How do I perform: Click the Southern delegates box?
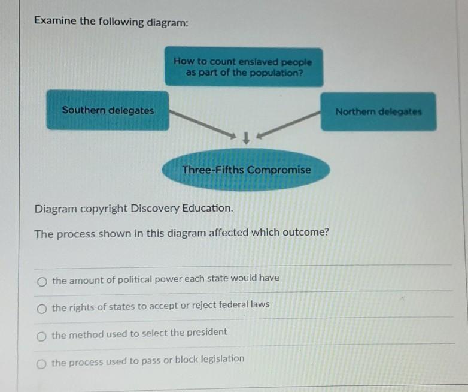click(x=108, y=110)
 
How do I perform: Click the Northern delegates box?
click(x=378, y=111)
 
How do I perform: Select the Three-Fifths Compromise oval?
click(x=246, y=170)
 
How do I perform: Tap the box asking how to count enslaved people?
click(x=244, y=67)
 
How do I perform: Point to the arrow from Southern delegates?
click(x=203, y=124)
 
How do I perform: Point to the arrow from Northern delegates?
click(x=288, y=125)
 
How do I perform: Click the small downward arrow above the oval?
click(x=246, y=138)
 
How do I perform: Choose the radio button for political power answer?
click(x=42, y=282)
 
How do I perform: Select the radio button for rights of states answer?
click(x=42, y=309)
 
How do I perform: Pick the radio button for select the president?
click(x=41, y=336)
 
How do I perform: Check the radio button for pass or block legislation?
click(x=41, y=364)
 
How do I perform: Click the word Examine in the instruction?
click(x=55, y=20)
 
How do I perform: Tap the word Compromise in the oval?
click(x=279, y=170)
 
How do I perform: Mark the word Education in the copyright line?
click(x=208, y=208)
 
